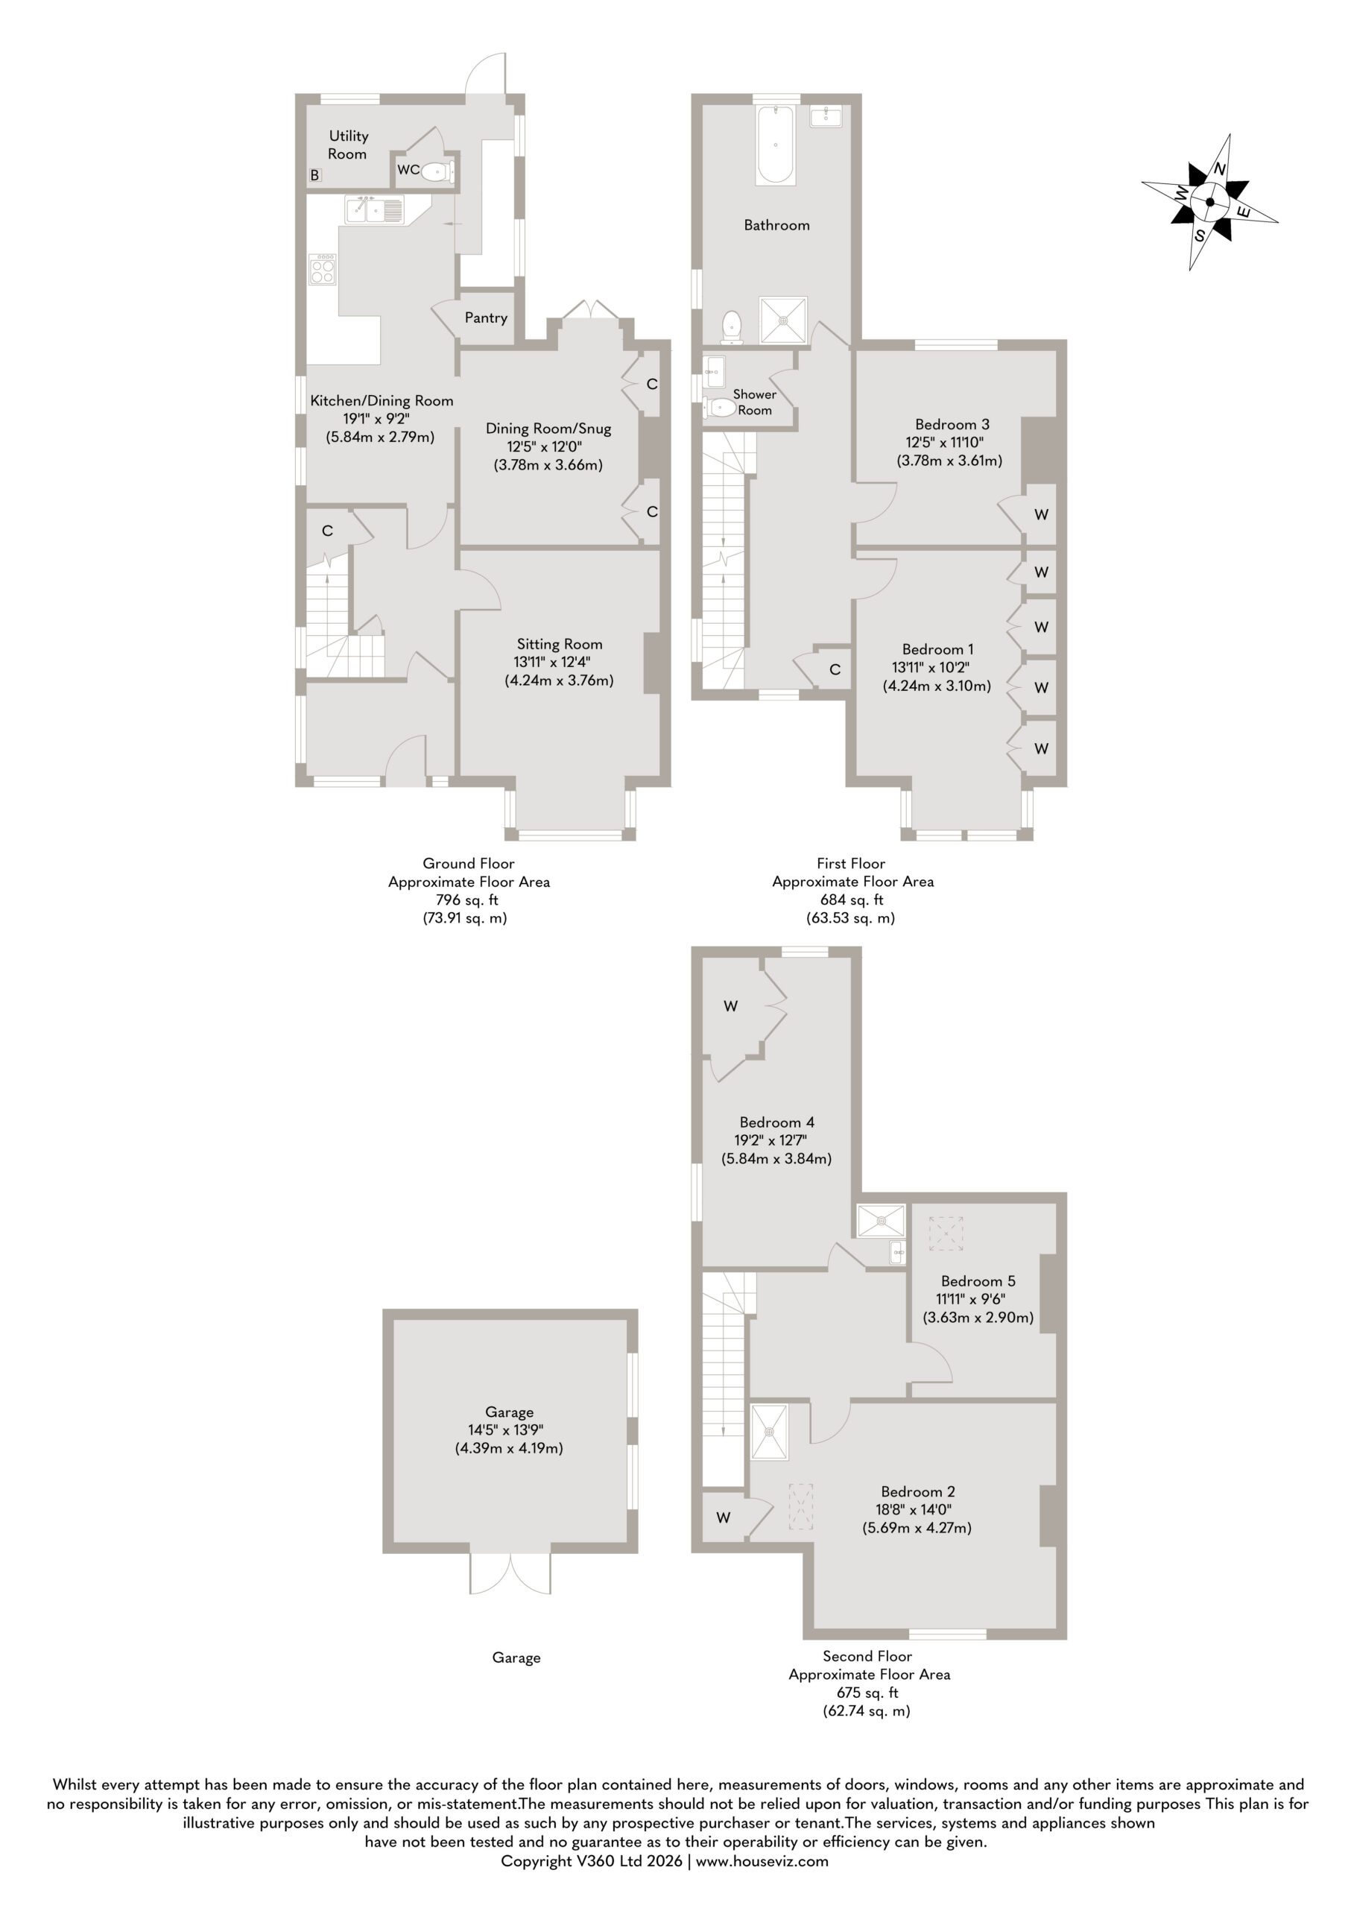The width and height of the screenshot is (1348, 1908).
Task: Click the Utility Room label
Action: tap(348, 145)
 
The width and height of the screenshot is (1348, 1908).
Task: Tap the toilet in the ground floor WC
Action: tap(438, 172)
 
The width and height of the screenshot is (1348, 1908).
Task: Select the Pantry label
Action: tap(486, 318)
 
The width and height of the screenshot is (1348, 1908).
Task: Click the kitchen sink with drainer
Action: tap(375, 209)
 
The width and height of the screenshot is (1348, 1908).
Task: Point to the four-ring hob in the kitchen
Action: tap(323, 268)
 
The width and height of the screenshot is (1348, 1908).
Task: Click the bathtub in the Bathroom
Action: tap(776, 145)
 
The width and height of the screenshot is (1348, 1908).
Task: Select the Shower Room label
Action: tap(755, 402)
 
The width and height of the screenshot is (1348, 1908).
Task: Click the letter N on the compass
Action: tap(1220, 168)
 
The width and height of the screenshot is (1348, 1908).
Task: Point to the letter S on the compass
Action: tap(1199, 236)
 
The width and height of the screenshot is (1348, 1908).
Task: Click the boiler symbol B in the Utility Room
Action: tap(315, 175)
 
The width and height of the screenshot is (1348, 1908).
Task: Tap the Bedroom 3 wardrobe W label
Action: tap(1041, 514)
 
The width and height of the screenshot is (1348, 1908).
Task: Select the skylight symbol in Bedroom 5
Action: tap(946, 1233)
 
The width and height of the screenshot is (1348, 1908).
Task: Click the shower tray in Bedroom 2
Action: tap(770, 1432)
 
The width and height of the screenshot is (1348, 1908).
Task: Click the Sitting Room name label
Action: tap(560, 644)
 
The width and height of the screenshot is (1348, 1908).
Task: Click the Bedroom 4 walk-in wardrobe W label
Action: tap(730, 1006)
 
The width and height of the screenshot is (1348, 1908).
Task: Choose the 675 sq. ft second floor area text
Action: tap(867, 1693)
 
